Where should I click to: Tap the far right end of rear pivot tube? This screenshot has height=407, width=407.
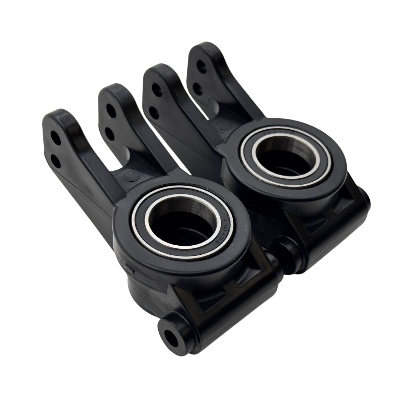(366, 202)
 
